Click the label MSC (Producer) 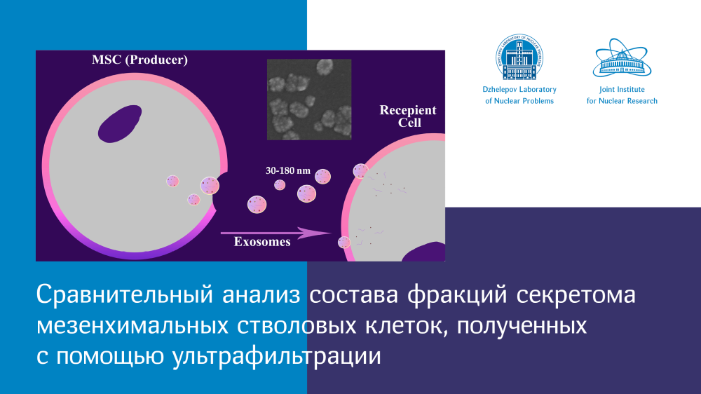coord(139,60)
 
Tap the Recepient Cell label coord(408,116)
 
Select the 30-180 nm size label coord(288,170)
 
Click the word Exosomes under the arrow coord(262,242)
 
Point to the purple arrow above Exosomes coord(275,233)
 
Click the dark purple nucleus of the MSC coord(120,124)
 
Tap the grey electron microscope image coord(309,100)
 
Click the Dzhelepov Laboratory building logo coord(519,57)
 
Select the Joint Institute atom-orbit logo coord(622,58)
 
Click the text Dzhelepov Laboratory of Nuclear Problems coord(519,95)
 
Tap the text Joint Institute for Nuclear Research coord(622,95)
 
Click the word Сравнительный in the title coord(124,295)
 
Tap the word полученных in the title coord(522,326)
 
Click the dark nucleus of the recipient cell coord(424,252)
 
